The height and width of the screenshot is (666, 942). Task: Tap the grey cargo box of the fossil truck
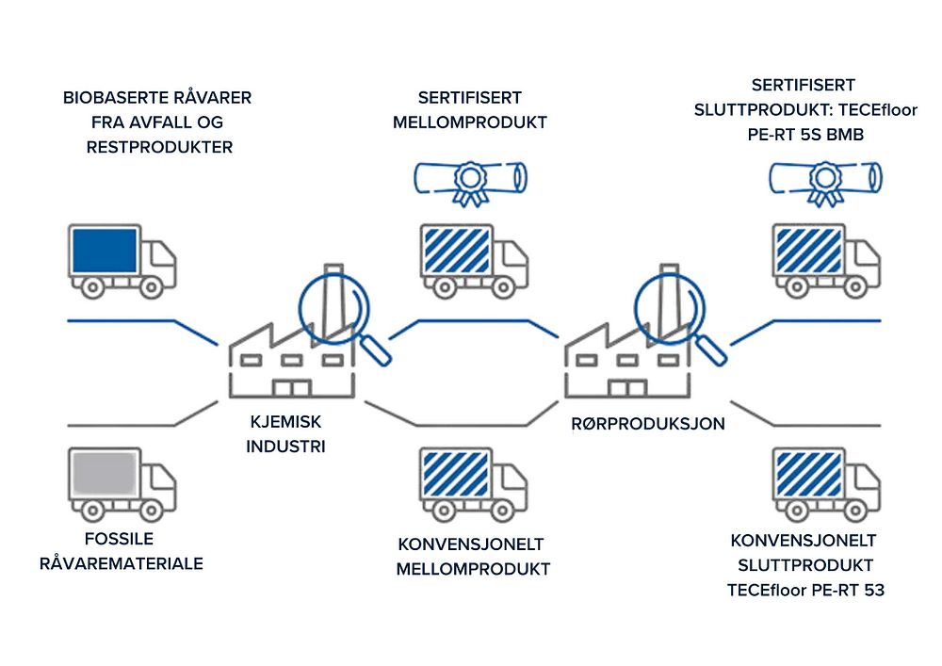point(105,477)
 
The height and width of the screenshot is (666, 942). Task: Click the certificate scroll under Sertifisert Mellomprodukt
point(471,177)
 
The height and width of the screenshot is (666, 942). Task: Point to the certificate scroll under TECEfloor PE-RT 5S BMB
point(826,177)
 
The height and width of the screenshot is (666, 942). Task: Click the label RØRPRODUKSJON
point(648,424)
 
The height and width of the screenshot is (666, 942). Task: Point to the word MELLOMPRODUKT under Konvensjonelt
point(473,569)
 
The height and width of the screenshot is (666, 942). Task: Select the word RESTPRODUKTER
point(157,147)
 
